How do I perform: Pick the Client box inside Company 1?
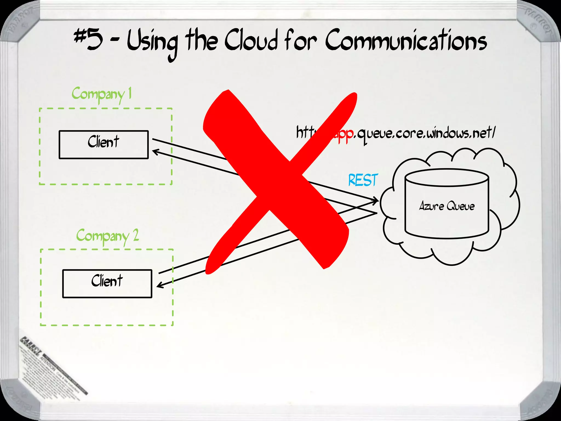(x=104, y=144)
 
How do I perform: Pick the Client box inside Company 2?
(x=107, y=283)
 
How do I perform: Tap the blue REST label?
(x=363, y=180)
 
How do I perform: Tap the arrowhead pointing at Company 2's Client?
(x=159, y=285)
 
